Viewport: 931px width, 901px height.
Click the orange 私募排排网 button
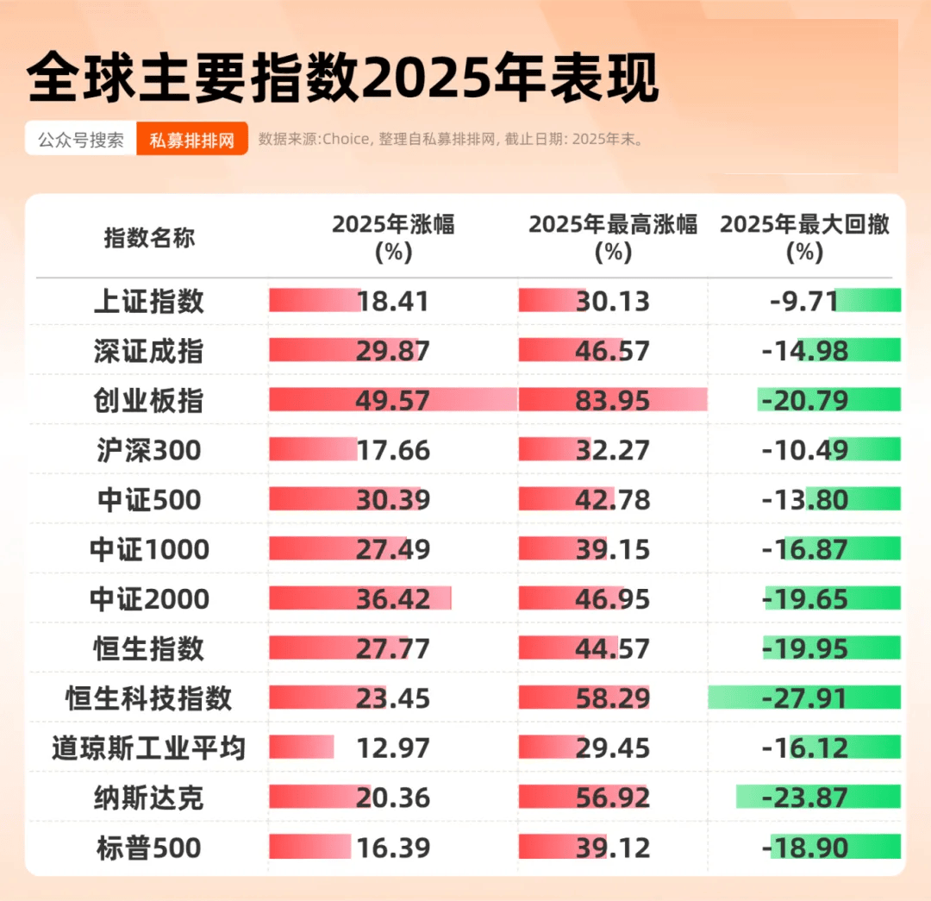pos(192,140)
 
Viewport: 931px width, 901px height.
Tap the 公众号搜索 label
pos(81,140)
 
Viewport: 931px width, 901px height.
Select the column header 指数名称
pos(149,238)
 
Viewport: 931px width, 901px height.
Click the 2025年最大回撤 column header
pos(804,238)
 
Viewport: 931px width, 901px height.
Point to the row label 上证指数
pos(149,301)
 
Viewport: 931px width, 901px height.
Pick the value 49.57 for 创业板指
pos(393,401)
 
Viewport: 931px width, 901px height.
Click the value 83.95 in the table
pos(613,401)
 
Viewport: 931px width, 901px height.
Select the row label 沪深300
pos(149,450)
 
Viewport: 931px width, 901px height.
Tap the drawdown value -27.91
pos(805,698)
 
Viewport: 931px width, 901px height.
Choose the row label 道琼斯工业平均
pos(149,748)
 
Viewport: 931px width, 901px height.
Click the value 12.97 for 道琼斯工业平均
pos(393,748)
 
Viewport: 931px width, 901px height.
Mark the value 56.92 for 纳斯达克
pos(613,798)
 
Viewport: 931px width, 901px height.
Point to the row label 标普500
pos(149,848)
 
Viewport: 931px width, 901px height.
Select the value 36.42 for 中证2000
pos(393,599)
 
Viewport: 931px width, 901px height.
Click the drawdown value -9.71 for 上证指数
pos(804,301)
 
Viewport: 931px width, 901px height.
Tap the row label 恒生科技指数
pos(149,698)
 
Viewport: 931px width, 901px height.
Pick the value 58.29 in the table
pos(613,698)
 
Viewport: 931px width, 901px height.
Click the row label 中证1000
pos(149,549)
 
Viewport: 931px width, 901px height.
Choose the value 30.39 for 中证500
pos(393,500)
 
